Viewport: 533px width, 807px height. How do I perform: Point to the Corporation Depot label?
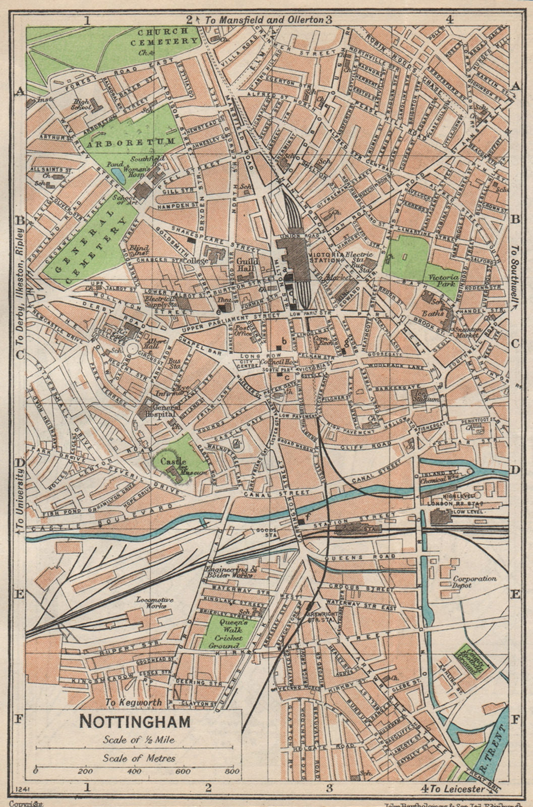(474, 583)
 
